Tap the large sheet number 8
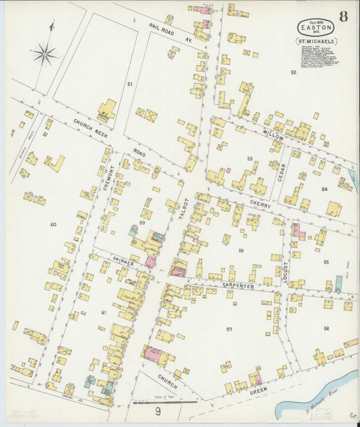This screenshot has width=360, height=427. tap(343, 17)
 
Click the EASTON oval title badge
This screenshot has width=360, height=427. tap(315, 27)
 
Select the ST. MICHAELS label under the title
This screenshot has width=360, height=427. tap(316, 41)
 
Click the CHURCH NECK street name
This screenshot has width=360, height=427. tap(91, 126)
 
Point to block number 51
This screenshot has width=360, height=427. tap(129, 84)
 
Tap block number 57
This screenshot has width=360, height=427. tap(229, 329)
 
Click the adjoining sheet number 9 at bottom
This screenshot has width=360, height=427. tap(157, 411)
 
